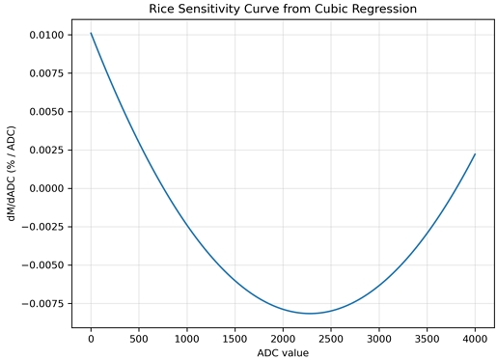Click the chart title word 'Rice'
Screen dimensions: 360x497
(165, 9)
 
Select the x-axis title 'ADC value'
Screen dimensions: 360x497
(283, 352)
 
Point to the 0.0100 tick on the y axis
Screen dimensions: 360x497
(47, 35)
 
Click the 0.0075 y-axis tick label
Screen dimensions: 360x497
(47, 73)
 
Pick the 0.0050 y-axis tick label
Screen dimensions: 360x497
(47, 111)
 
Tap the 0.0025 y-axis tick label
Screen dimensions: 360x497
(47, 150)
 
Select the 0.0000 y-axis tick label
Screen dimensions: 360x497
(47, 188)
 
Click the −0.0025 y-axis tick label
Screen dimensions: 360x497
(44, 227)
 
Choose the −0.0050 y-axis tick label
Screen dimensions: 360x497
(44, 265)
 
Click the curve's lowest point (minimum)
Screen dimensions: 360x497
(310, 314)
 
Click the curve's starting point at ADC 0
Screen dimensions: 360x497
(91, 34)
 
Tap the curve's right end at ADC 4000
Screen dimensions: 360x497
(475, 154)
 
